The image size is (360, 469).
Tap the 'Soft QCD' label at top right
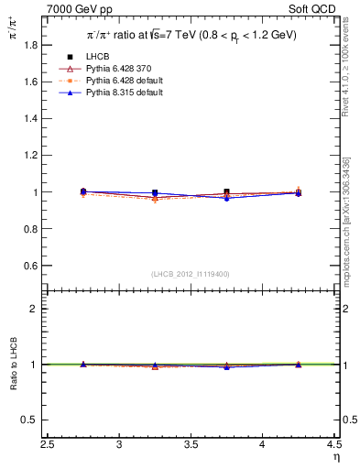pos(316,10)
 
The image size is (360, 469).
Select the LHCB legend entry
pos(96,57)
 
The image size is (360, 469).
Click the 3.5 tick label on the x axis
pos(191,445)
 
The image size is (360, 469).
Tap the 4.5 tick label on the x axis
pos(333,445)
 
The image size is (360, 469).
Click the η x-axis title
pos(336,457)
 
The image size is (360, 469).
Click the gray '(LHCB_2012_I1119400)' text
pos(190,274)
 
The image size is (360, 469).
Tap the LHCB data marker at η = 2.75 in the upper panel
pos(83,191)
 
